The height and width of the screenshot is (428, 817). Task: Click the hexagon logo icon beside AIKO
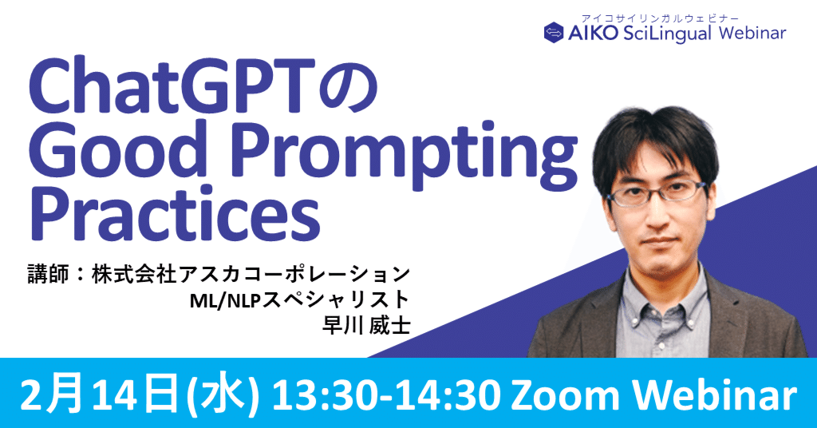click(554, 32)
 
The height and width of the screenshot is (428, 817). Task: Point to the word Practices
click(175, 216)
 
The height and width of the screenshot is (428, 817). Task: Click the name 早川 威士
click(365, 325)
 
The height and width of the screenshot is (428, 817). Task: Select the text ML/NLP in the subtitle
click(224, 300)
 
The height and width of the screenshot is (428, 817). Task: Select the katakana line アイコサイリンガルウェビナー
click(660, 18)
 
